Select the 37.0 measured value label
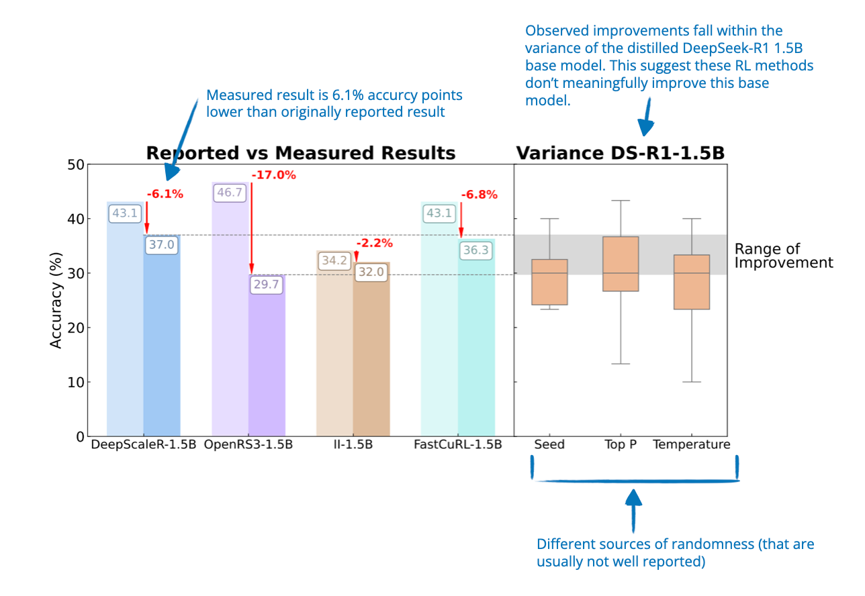[x=161, y=245]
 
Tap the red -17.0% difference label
[x=274, y=175]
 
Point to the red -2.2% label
[x=375, y=243]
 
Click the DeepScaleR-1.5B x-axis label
[x=143, y=445]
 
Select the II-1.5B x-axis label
[x=353, y=445]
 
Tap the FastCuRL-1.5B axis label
[x=458, y=445]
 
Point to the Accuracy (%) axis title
[x=56, y=301]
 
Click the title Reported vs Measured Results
[x=301, y=153]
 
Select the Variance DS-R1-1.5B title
[x=620, y=153]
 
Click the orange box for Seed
[x=550, y=282]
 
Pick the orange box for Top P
[x=621, y=264]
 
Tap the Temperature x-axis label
[x=691, y=445]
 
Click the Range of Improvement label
[x=783, y=256]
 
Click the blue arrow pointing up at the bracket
[x=634, y=510]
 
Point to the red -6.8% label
[x=480, y=195]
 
